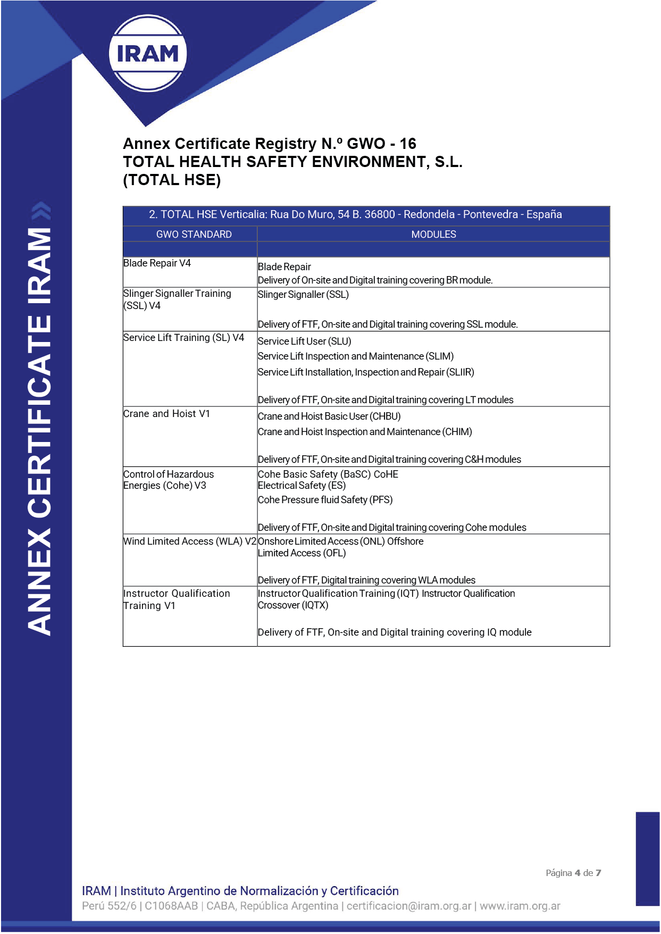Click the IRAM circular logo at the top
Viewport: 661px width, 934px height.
(x=147, y=53)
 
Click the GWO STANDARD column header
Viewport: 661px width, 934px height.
(x=194, y=234)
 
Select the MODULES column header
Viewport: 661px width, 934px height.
(x=433, y=234)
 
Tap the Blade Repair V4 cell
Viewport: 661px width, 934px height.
(x=157, y=263)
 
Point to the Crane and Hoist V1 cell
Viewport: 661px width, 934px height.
(x=166, y=414)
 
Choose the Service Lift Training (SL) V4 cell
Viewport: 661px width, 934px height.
(x=183, y=338)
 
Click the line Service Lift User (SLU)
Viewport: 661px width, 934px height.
(x=304, y=341)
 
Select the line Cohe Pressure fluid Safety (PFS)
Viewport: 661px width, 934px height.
(x=325, y=500)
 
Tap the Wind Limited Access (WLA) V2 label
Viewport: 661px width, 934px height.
(x=190, y=541)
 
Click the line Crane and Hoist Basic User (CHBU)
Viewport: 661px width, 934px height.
(x=329, y=416)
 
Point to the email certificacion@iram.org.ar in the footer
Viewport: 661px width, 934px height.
(x=409, y=906)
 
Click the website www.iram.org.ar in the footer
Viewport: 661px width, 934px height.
(x=520, y=906)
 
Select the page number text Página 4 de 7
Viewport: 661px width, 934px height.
(x=573, y=873)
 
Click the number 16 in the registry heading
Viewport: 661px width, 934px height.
(x=408, y=144)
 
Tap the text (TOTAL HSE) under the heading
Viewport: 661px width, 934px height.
(x=172, y=180)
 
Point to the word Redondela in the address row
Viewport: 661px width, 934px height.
(x=429, y=214)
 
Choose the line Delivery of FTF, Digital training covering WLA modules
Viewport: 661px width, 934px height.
(x=366, y=580)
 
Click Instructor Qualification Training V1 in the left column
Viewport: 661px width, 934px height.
(x=176, y=599)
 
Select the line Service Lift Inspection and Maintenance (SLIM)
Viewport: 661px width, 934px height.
(x=355, y=356)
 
